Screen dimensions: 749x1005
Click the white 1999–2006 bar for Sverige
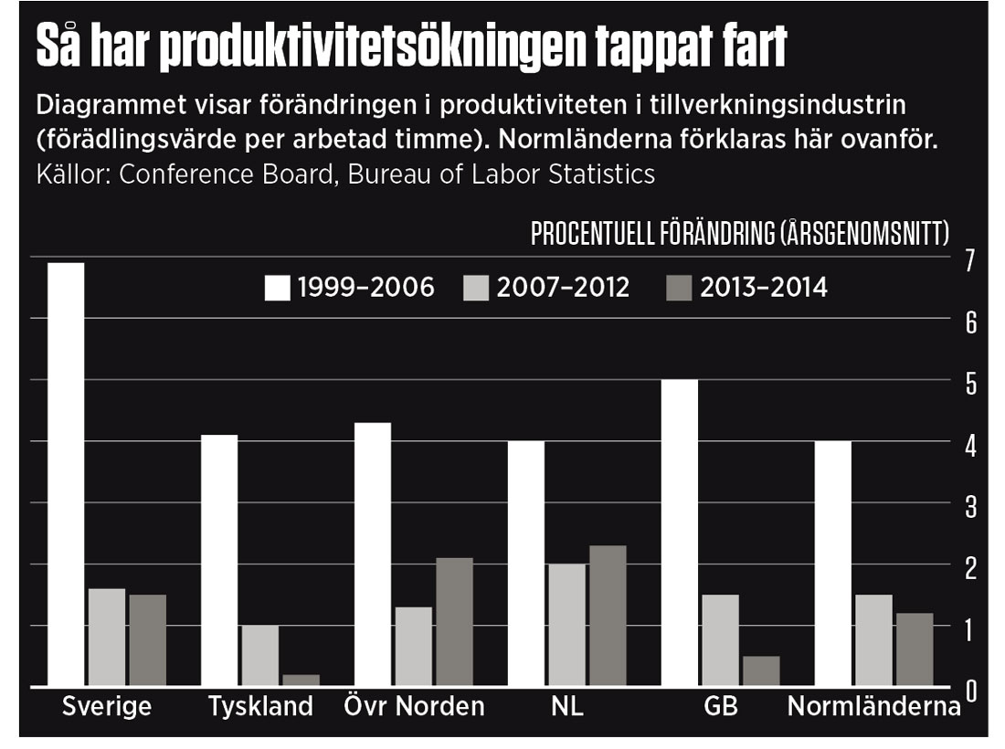tap(66, 474)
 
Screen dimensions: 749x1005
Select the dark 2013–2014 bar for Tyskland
tap(301, 680)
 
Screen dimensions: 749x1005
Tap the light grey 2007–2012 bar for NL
tap(566, 625)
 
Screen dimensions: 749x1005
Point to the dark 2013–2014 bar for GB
tap(760, 670)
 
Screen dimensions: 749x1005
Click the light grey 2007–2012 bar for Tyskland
tap(259, 655)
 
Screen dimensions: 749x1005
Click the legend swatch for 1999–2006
tap(277, 288)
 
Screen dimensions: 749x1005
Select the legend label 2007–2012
tap(563, 288)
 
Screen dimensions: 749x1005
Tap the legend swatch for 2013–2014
tap(679, 288)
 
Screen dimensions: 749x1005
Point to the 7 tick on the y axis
tap(969, 261)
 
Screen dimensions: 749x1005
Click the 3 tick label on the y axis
tap(969, 506)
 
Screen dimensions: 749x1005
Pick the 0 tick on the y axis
tap(969, 691)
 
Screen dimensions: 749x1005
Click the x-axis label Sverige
tap(106, 707)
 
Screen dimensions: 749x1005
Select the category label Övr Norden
tap(414, 707)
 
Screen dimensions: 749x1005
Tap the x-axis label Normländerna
tap(874, 707)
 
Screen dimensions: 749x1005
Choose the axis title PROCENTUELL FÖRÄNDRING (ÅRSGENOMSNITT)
tap(739, 235)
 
